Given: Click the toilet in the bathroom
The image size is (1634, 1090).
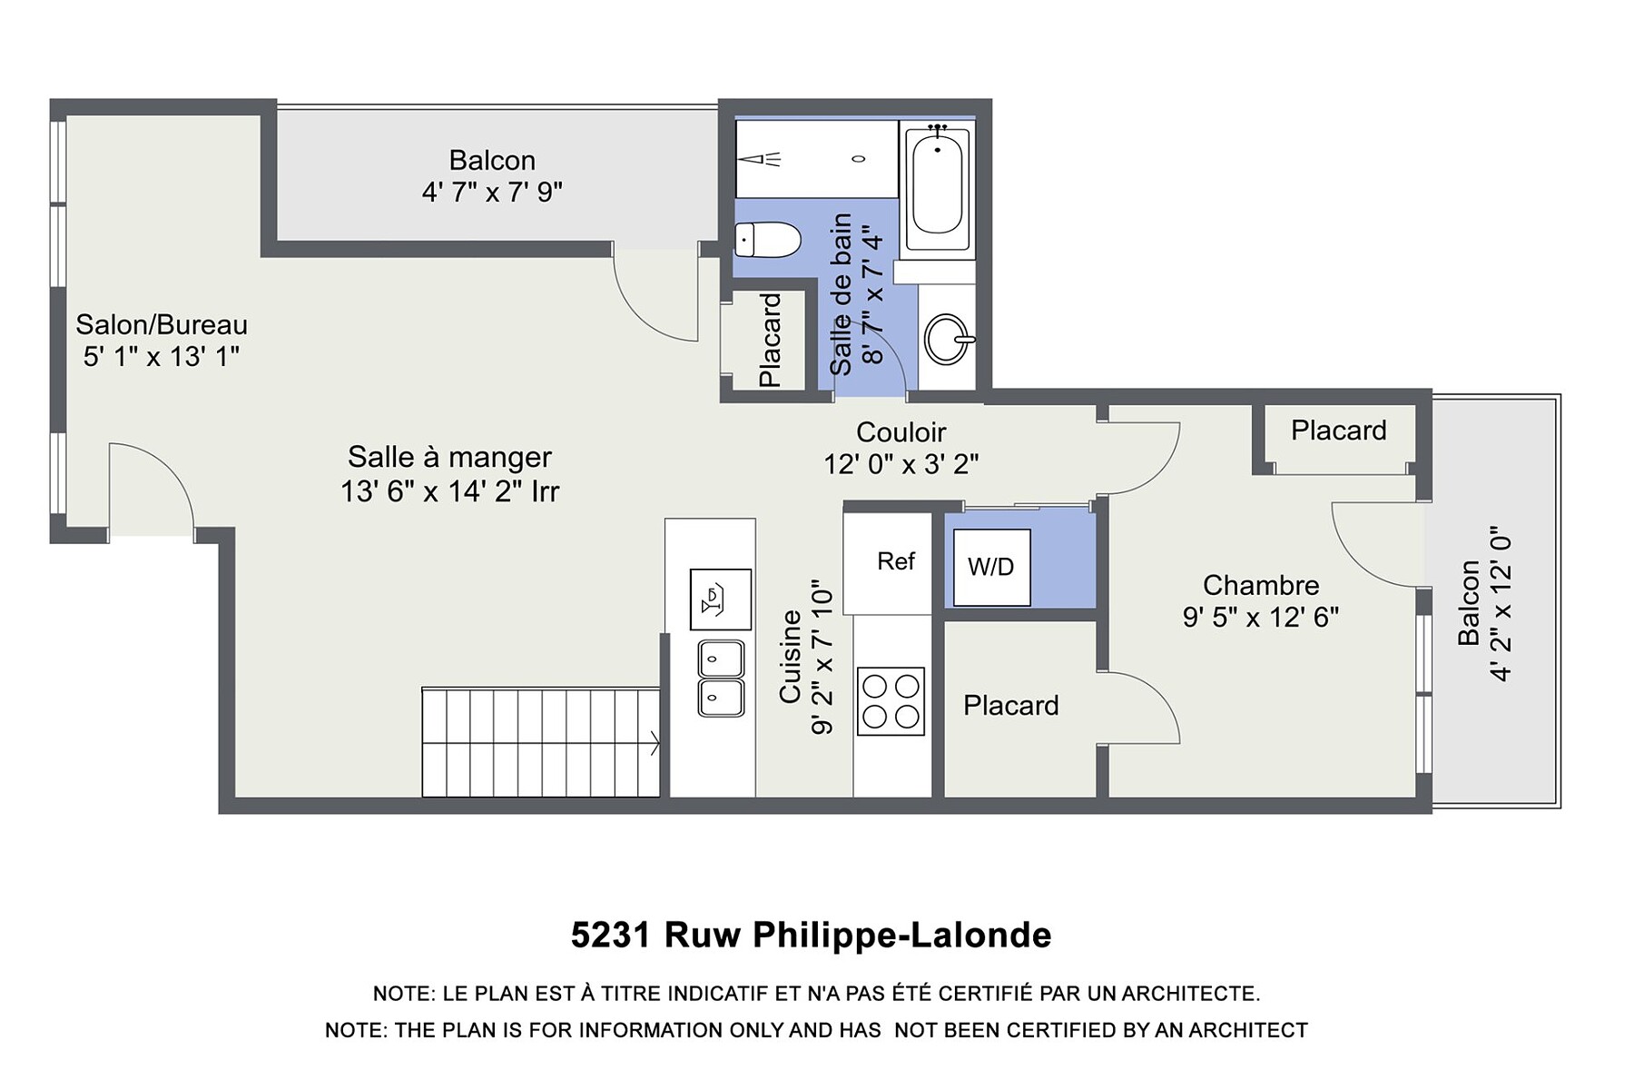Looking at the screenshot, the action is coord(767,240).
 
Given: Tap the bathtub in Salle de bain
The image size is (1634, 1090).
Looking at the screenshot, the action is coord(937,185).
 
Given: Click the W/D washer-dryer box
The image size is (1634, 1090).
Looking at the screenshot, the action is coord(991,567).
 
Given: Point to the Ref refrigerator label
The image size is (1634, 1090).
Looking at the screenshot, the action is coord(896,561).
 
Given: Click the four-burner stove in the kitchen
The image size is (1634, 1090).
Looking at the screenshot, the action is coord(891,701).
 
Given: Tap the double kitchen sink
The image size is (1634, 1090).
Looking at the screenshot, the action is coord(721,679).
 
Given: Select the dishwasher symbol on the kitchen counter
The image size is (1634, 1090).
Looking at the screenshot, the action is coord(721,599).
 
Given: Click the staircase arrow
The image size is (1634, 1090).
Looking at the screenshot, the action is coord(655,742).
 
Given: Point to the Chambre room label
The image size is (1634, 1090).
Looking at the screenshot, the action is coord(1261,585).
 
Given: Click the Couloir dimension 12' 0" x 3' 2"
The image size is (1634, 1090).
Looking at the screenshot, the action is coord(901,464).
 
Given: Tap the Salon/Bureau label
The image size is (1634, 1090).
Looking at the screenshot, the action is coord(162,324).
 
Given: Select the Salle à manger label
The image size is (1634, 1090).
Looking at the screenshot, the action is coord(449,457).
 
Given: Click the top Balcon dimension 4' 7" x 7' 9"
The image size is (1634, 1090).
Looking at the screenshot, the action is coord(492,193).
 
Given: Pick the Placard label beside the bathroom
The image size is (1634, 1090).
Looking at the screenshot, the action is coord(770,340).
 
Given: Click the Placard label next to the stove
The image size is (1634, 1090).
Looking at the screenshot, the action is coord(1010,706).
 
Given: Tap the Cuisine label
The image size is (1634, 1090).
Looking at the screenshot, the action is coord(790,656).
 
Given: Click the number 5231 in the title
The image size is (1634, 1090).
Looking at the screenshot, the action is coord(611,935).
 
